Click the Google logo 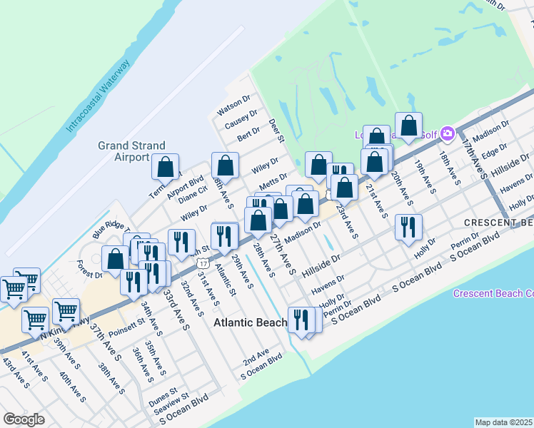point(24,419)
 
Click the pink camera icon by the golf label point(448,133)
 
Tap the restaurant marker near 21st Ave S point(408,227)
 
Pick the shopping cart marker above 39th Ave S point(65,310)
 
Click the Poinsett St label point(126,321)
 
